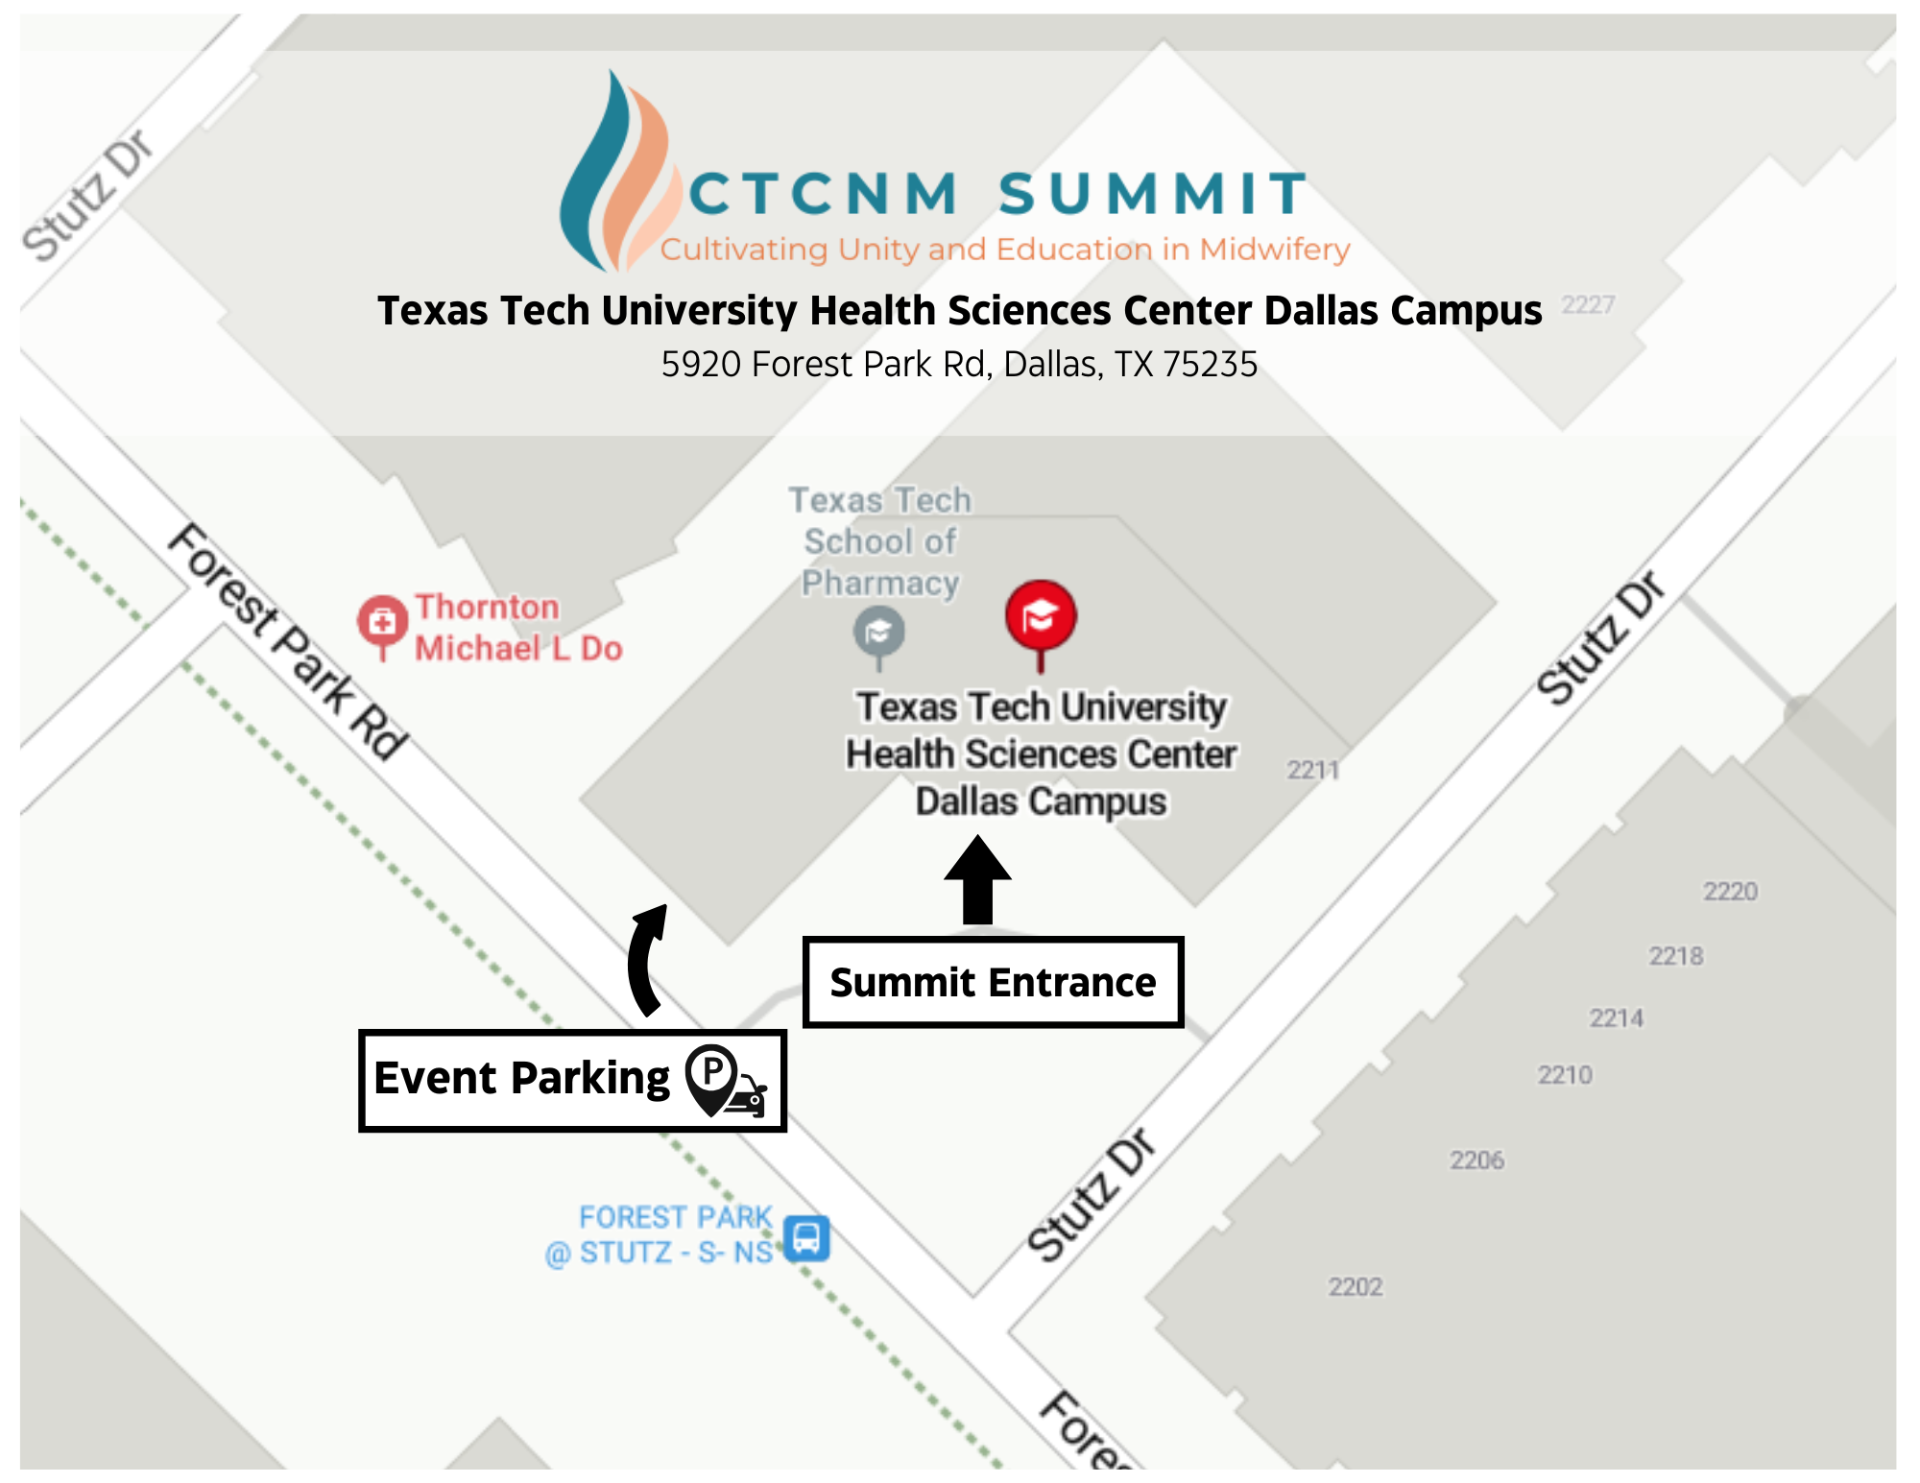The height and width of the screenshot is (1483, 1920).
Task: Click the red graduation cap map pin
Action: pos(1041,616)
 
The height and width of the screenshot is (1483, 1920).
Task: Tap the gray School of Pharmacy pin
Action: pos(878,634)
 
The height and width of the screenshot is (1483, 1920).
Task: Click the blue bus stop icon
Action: pos(806,1238)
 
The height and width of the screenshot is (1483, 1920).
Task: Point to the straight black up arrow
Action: pos(977,879)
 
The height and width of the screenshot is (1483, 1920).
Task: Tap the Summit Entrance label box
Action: pos(993,983)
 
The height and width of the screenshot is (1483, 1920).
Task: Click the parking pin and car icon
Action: pos(725,1081)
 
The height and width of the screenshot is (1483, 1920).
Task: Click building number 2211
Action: pos(1312,770)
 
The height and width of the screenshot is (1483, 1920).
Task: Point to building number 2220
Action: pos(1730,892)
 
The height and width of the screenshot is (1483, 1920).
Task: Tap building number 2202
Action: pos(1355,1286)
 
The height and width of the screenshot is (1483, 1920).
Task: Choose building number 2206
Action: pos(1476,1160)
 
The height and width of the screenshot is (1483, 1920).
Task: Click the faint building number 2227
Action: pos(1588,305)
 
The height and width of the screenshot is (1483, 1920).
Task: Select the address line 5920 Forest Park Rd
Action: pos(959,365)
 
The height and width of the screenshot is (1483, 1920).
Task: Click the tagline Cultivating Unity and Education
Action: pos(1004,250)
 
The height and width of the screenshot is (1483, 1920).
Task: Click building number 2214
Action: pos(1616,1017)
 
